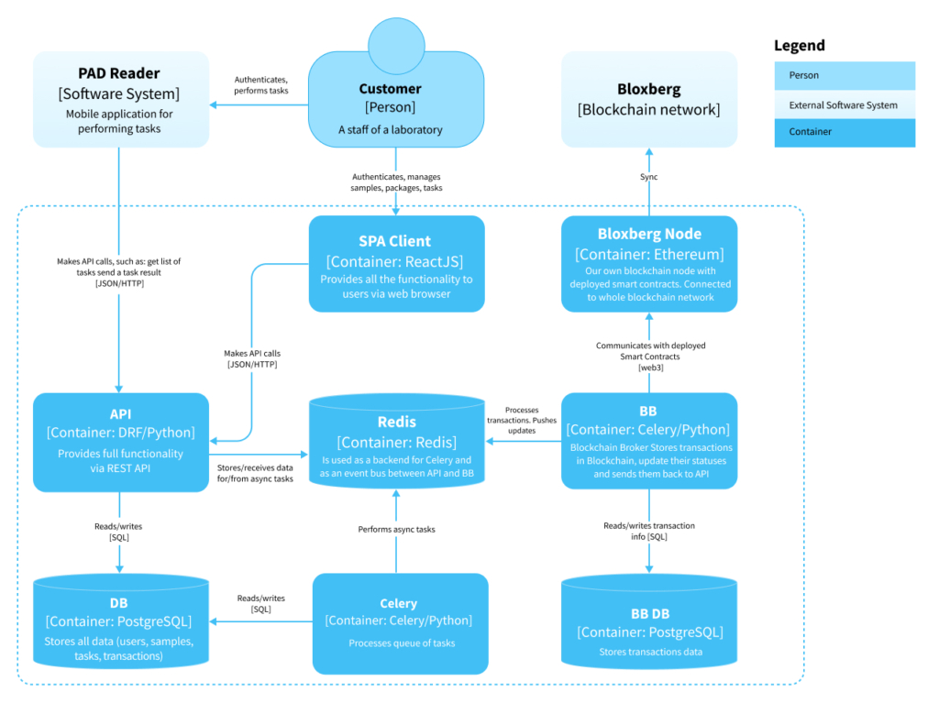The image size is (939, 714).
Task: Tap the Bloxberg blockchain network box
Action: [x=649, y=99]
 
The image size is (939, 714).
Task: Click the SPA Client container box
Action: [x=396, y=264]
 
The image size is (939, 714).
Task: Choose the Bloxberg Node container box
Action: [x=649, y=264]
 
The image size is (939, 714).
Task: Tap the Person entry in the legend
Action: [x=845, y=76]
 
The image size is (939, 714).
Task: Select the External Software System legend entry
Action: [x=845, y=104]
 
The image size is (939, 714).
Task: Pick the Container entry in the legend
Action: [x=845, y=132]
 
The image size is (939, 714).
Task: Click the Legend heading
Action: [x=799, y=46]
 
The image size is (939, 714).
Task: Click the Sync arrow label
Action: [x=649, y=177]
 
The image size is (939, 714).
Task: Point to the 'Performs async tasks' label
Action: [x=396, y=530]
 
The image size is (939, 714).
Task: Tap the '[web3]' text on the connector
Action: [x=649, y=368]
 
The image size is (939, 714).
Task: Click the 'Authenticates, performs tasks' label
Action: [x=261, y=86]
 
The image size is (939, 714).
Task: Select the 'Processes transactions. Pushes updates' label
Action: [x=522, y=420]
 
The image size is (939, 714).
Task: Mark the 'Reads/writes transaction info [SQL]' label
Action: [x=649, y=531]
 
